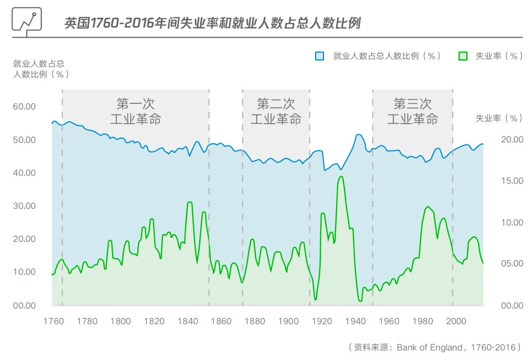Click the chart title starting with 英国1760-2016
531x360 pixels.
212,23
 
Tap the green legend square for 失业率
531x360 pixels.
463,56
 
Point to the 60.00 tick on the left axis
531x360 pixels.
24,107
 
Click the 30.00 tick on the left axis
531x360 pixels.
24,206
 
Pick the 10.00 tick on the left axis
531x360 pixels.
24,272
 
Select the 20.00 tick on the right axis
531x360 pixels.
511,140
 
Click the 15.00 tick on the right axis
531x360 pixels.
511,181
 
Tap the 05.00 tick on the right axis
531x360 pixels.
511,264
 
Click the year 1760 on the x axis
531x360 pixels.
53,322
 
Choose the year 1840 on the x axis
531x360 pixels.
187,322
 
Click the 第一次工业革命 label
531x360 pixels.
136,112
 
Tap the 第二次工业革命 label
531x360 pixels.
276,112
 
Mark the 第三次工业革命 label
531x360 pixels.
413,112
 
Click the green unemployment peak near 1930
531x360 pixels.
341,177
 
